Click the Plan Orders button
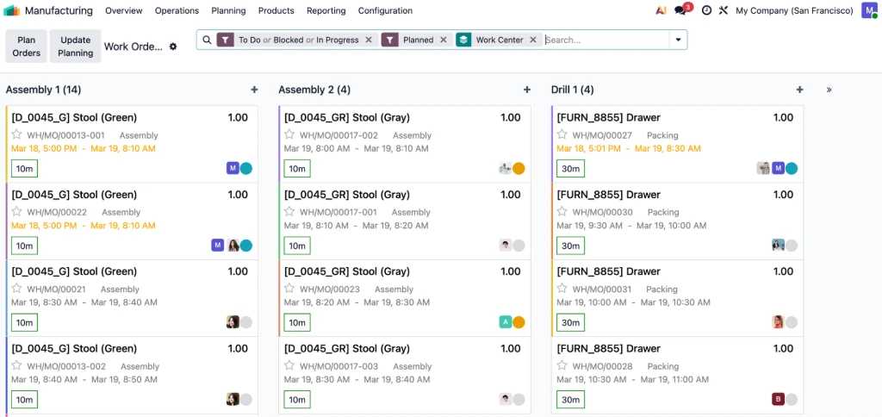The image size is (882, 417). (27, 47)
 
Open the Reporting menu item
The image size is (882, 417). (326, 11)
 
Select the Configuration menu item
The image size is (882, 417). (385, 11)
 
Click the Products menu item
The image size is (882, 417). (276, 11)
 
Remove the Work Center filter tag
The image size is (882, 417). (533, 40)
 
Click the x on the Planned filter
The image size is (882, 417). (444, 40)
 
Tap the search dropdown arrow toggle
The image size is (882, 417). (679, 40)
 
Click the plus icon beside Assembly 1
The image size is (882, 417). (254, 90)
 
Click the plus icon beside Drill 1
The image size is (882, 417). (799, 90)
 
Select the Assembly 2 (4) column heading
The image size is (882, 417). (314, 90)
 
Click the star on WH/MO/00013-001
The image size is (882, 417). (16, 135)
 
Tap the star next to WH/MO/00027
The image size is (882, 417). (562, 135)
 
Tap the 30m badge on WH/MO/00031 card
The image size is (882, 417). (570, 323)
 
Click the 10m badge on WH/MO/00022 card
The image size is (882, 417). (24, 246)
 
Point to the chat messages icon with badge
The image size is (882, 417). (681, 11)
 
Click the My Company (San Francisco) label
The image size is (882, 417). (794, 11)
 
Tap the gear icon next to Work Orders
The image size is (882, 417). (173, 47)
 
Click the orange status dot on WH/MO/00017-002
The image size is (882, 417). (519, 169)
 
